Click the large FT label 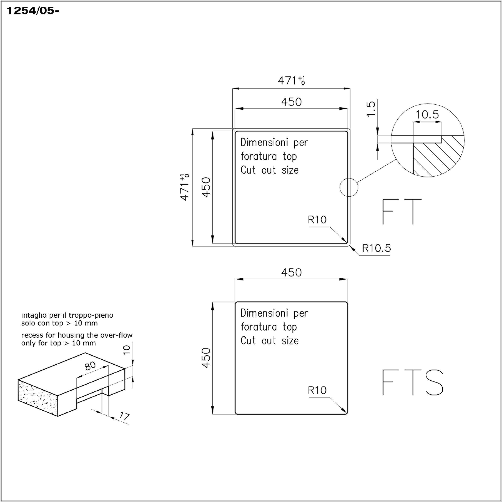click(402, 212)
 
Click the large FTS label click(412, 382)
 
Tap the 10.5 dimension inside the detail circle click(427, 115)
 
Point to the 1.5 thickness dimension click(371, 109)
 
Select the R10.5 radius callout click(376, 248)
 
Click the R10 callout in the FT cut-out click(317, 220)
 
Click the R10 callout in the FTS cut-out click(317, 390)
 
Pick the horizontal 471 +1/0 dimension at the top click(291, 81)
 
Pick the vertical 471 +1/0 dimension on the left click(185, 187)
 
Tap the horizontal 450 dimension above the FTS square click(291, 273)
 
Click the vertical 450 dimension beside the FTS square click(206, 358)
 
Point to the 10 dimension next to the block click(126, 349)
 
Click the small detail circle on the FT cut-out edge click(349, 187)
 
